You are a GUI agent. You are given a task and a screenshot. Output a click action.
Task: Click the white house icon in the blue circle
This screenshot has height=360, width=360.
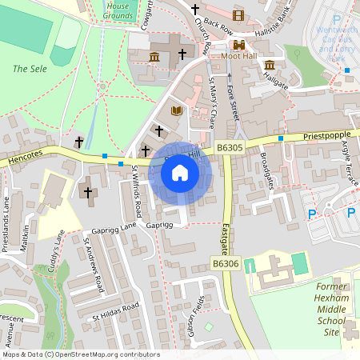[x=180, y=173]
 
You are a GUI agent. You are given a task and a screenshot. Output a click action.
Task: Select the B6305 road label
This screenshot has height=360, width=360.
[x=229, y=148]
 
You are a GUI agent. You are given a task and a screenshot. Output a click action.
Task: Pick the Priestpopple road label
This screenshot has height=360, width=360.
[x=326, y=137]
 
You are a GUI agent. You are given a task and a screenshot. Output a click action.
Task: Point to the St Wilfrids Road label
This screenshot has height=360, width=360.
[x=137, y=191]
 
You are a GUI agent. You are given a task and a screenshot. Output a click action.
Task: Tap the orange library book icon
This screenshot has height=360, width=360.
[x=177, y=110]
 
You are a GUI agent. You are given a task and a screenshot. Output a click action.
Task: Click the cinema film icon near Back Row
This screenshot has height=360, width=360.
[x=238, y=14]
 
